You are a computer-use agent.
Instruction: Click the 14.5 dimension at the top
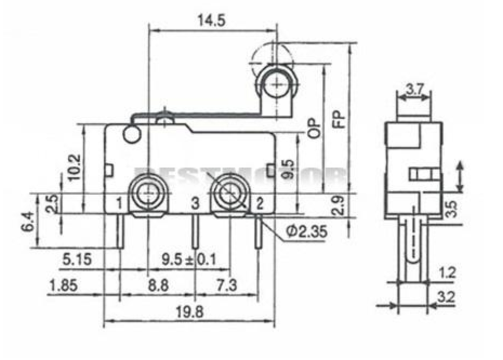211,21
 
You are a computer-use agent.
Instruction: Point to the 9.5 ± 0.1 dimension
188,259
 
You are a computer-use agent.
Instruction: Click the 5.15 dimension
77,260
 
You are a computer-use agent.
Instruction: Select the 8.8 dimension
157,285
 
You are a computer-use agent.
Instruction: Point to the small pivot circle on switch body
131,135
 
